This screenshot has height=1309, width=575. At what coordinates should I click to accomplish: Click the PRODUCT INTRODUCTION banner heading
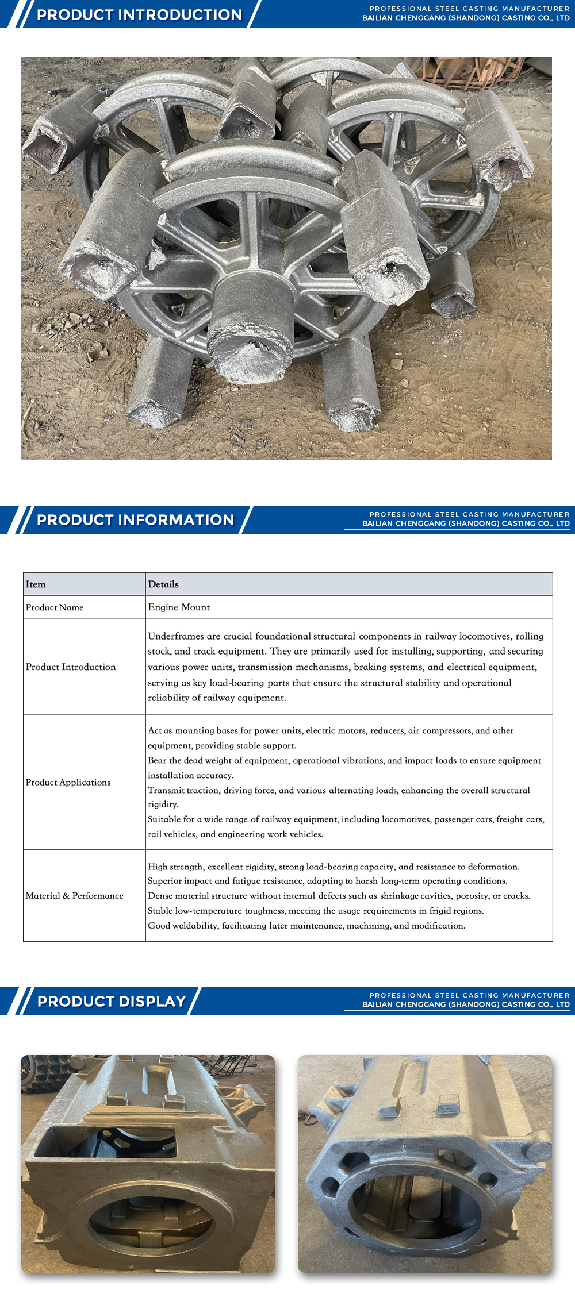point(139,15)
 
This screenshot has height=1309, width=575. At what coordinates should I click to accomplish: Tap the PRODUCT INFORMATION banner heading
point(136,520)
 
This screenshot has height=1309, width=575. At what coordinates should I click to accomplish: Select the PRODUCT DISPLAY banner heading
point(112,1002)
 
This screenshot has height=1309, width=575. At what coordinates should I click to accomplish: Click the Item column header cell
point(36,584)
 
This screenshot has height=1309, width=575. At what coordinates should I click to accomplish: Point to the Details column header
point(163,584)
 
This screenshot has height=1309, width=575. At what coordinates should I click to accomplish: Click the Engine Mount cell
point(179,607)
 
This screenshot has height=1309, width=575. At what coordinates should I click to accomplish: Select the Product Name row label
point(55,607)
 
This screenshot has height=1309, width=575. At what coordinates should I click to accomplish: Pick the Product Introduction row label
point(71,667)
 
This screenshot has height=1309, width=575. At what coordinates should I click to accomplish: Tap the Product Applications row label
point(68,783)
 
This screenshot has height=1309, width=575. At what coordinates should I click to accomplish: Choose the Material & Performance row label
point(75,896)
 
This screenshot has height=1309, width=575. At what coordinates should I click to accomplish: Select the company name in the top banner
point(466,18)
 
